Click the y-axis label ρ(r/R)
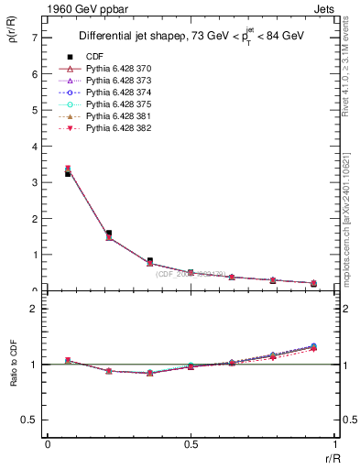[x=13, y=39]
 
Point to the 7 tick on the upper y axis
[x=34, y=38]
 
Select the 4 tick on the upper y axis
[x=34, y=147]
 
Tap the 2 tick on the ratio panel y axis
[x=34, y=309]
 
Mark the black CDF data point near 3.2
[x=67, y=174]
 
